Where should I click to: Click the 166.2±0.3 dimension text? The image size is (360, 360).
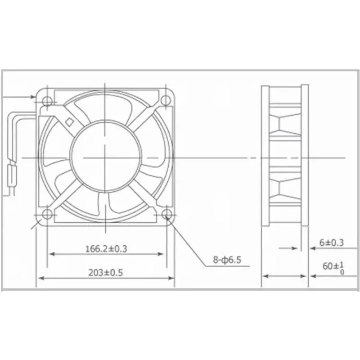click(106, 249)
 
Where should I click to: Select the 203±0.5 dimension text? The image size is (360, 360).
click(106, 273)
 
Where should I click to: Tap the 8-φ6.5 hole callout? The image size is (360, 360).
click(227, 260)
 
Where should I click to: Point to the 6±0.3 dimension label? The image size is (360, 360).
click(332, 243)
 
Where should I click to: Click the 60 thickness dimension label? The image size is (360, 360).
click(333, 268)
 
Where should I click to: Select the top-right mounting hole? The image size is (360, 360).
click(166, 100)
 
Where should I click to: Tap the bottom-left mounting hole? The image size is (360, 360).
click(47, 215)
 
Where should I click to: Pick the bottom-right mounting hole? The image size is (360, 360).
click(166, 215)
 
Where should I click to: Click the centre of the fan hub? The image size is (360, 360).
click(105, 157)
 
